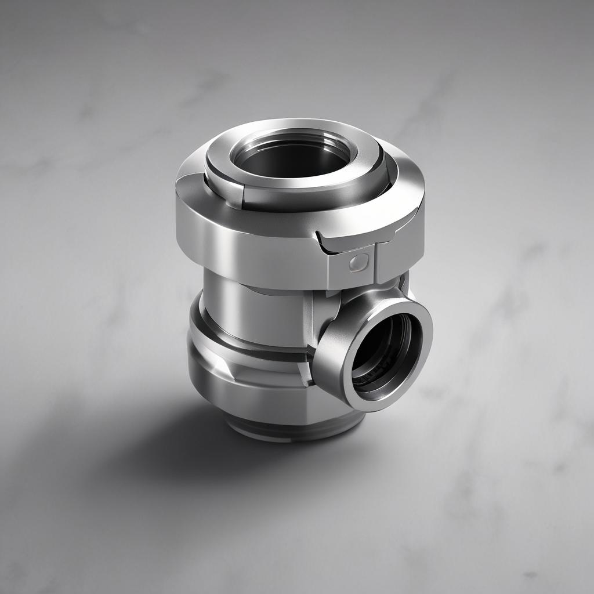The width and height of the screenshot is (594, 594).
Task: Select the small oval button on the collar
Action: (357, 263)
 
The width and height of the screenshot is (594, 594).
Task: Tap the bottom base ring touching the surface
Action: (290, 432)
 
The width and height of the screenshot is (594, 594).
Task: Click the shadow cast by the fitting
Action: (145, 441)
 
